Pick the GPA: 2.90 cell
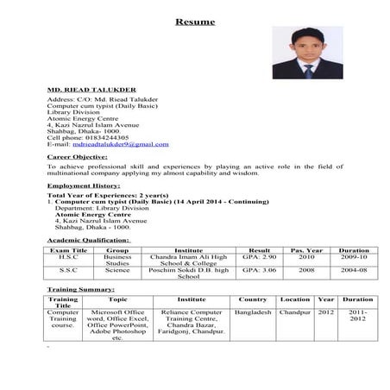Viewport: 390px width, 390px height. [x=259, y=257]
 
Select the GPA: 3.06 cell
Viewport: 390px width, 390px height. [x=259, y=270]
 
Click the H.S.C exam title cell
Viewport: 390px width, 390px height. [x=67, y=257]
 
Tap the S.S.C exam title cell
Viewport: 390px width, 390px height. [x=67, y=270]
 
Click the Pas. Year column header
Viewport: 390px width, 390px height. [x=306, y=249]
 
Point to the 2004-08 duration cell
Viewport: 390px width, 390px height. [x=354, y=270]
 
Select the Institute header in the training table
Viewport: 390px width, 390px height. [x=191, y=299]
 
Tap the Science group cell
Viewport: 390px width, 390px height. [x=117, y=270]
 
